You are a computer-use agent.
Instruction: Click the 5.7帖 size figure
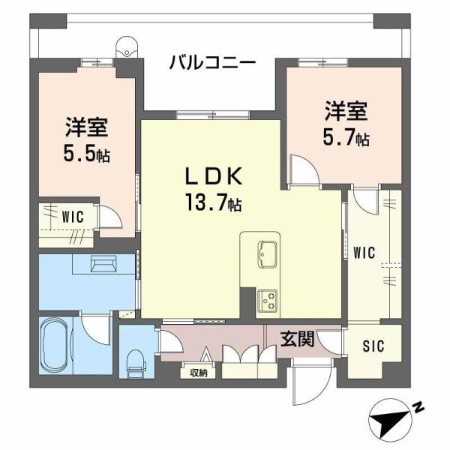click(x=346, y=138)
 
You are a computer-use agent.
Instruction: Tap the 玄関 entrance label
click(x=297, y=340)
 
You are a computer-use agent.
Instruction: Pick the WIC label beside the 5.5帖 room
click(x=72, y=217)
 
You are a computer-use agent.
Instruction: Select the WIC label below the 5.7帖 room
click(x=365, y=253)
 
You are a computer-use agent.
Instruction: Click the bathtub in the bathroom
click(x=58, y=346)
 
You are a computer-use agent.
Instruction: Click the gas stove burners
click(x=267, y=300)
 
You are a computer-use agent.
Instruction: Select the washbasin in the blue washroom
click(x=100, y=263)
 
